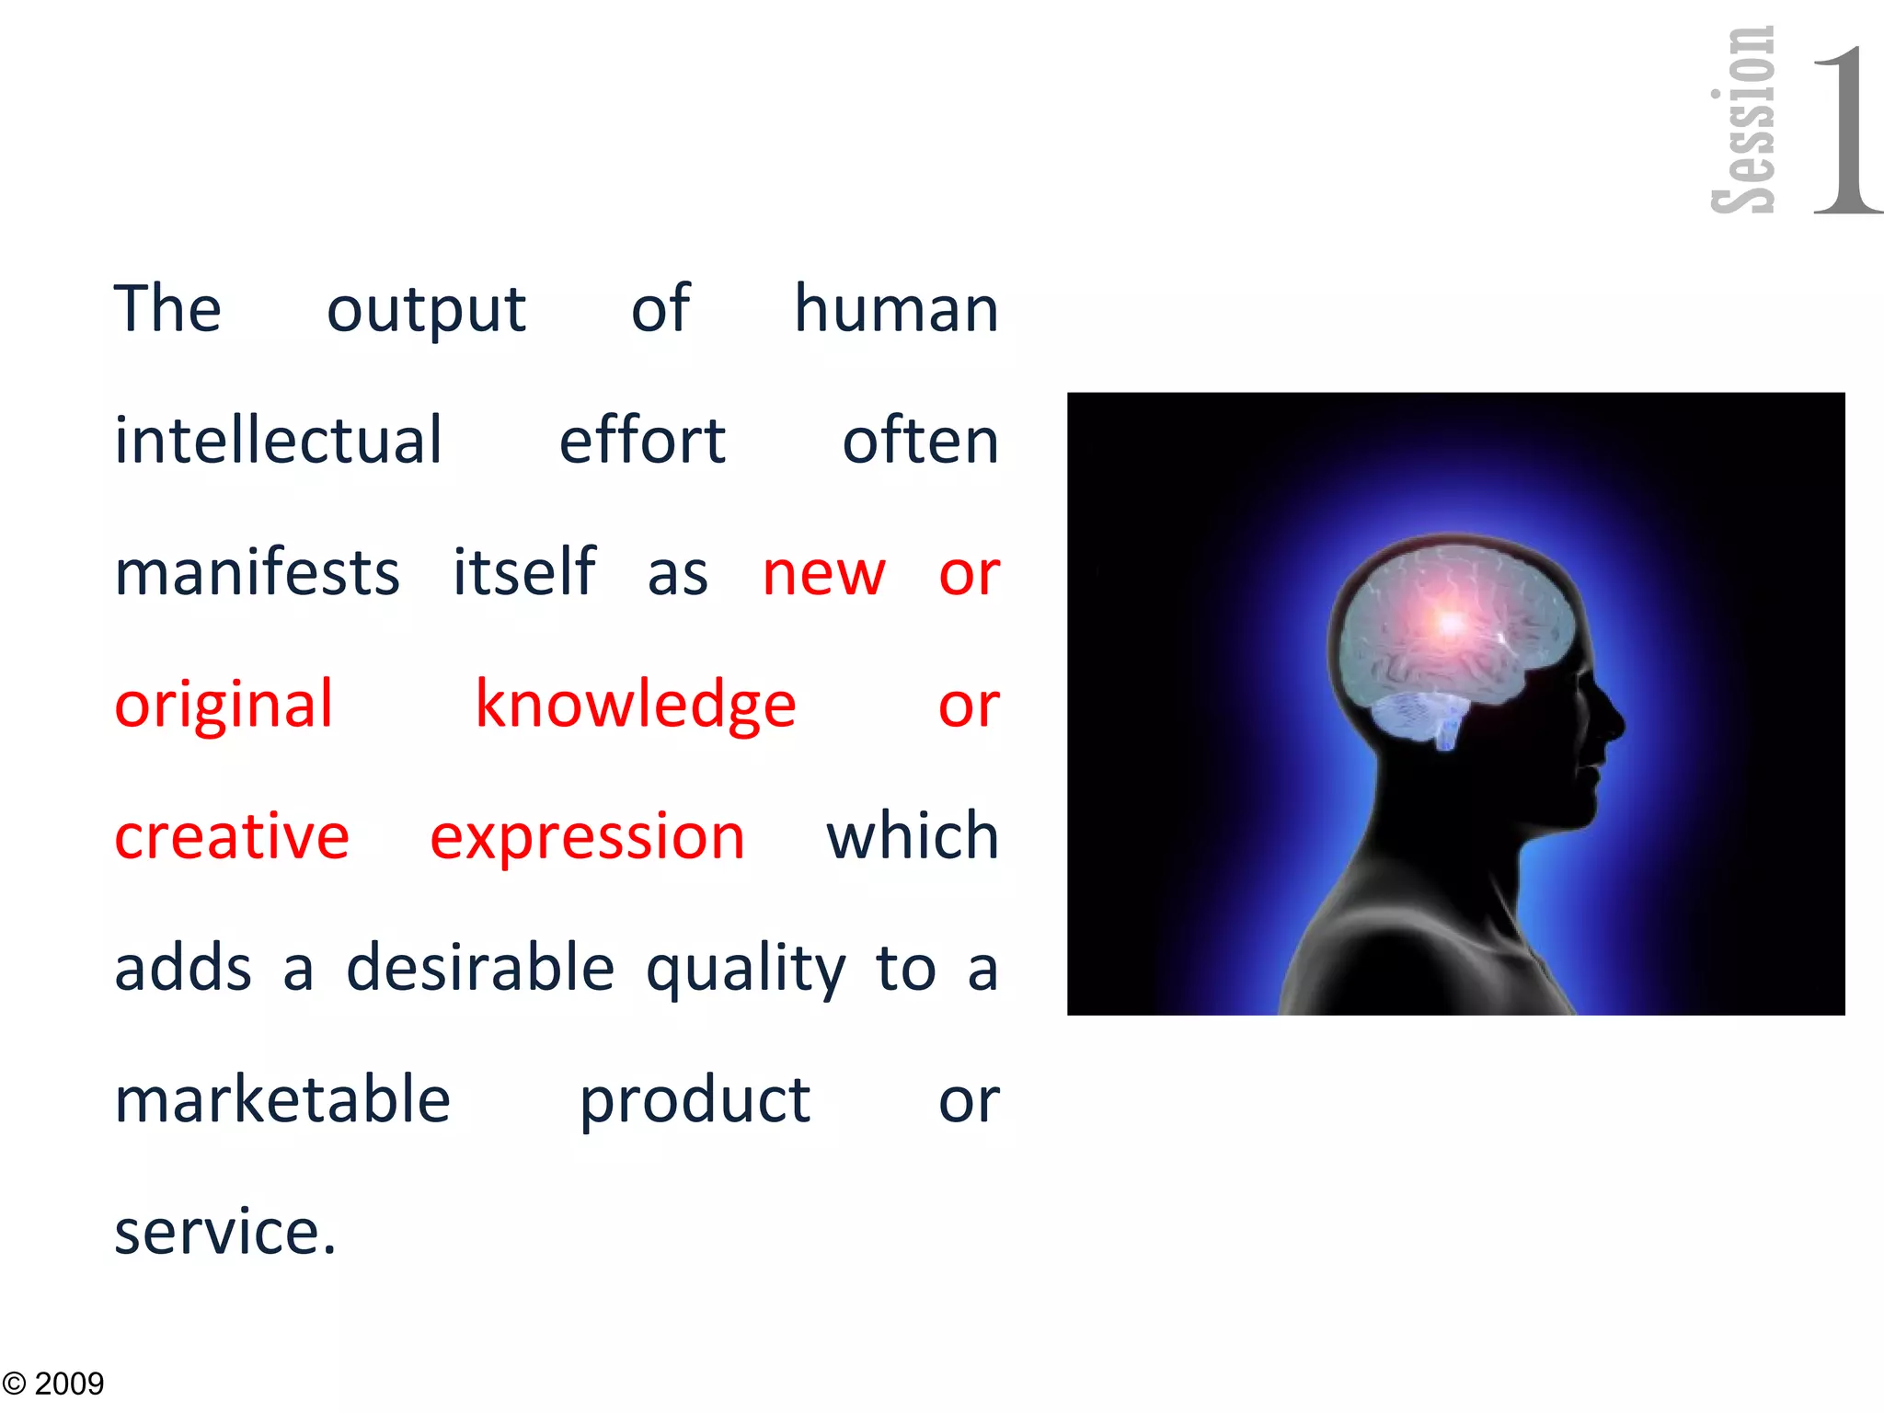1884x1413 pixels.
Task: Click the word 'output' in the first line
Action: coord(426,310)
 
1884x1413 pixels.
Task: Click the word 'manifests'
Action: coord(257,572)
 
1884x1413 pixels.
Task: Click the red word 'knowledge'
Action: coord(635,705)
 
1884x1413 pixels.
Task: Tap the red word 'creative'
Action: coord(232,836)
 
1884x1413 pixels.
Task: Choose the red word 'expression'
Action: coord(587,838)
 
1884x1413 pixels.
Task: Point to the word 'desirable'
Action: coord(480,968)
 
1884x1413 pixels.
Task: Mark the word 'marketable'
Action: coord(282,1099)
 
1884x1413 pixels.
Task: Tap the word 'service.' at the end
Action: coord(225,1232)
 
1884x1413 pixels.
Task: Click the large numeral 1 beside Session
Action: coord(1844,129)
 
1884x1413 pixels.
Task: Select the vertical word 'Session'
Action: coord(1742,120)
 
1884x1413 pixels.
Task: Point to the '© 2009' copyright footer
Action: coord(53,1384)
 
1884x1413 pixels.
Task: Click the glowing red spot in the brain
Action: coord(1450,624)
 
